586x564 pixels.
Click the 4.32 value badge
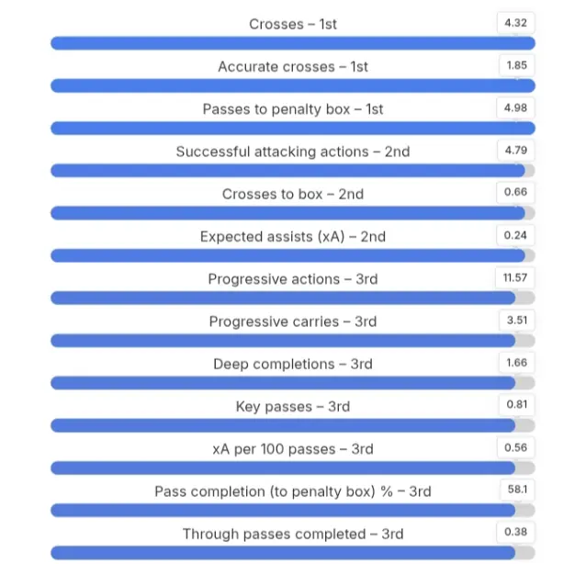pyautogui.click(x=516, y=23)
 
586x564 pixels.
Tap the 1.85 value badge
pyautogui.click(x=516, y=65)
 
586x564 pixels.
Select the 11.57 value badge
pyautogui.click(x=516, y=277)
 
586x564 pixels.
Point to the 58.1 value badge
pyautogui.click(x=516, y=490)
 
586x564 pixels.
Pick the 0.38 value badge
pyautogui.click(x=516, y=532)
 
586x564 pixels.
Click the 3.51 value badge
pyautogui.click(x=516, y=320)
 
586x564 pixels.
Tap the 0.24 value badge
pyautogui.click(x=516, y=235)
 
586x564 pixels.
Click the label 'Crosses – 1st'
pyautogui.click(x=293, y=24)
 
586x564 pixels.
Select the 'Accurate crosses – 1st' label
pyautogui.click(x=293, y=66)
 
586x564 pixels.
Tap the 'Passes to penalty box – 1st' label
pyautogui.click(x=293, y=109)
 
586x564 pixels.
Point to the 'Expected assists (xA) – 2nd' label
pyautogui.click(x=293, y=236)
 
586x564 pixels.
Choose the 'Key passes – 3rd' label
pyautogui.click(x=293, y=407)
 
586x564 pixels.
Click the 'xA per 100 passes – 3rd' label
pyautogui.click(x=293, y=449)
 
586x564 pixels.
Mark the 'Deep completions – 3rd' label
pyautogui.click(x=293, y=364)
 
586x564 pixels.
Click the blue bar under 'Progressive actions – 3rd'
pyautogui.click(x=283, y=298)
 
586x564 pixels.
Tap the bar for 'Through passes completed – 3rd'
pyautogui.click(x=283, y=553)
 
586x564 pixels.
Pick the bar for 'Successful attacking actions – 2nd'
pyautogui.click(x=287, y=171)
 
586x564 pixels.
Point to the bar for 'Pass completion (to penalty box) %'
pyautogui.click(x=283, y=511)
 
